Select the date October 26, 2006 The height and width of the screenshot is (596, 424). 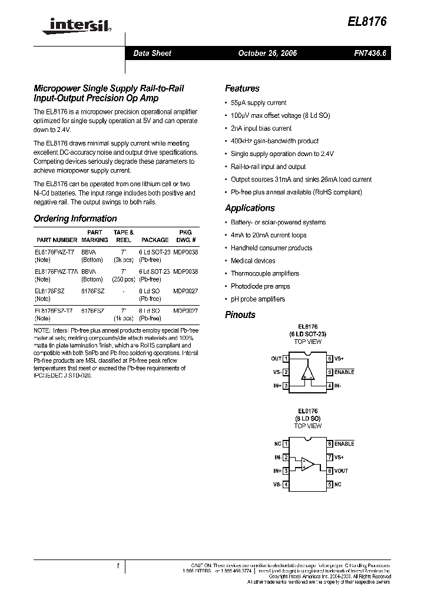coord(267,54)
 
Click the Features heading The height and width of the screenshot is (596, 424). coord(242,89)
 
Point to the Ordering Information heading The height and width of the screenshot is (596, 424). coord(75,218)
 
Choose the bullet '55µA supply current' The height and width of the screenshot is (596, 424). coord(259,102)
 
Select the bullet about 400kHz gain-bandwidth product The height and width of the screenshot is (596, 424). coord(274,141)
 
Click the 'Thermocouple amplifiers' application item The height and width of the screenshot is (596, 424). coord(265,273)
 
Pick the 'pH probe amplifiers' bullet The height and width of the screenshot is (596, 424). coord(257,299)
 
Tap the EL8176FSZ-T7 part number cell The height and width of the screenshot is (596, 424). coord(54,310)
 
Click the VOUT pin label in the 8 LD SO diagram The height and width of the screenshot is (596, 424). coord(341,471)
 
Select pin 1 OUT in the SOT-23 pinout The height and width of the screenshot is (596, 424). coord(280,358)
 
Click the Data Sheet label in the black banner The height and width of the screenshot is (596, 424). coord(152,54)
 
